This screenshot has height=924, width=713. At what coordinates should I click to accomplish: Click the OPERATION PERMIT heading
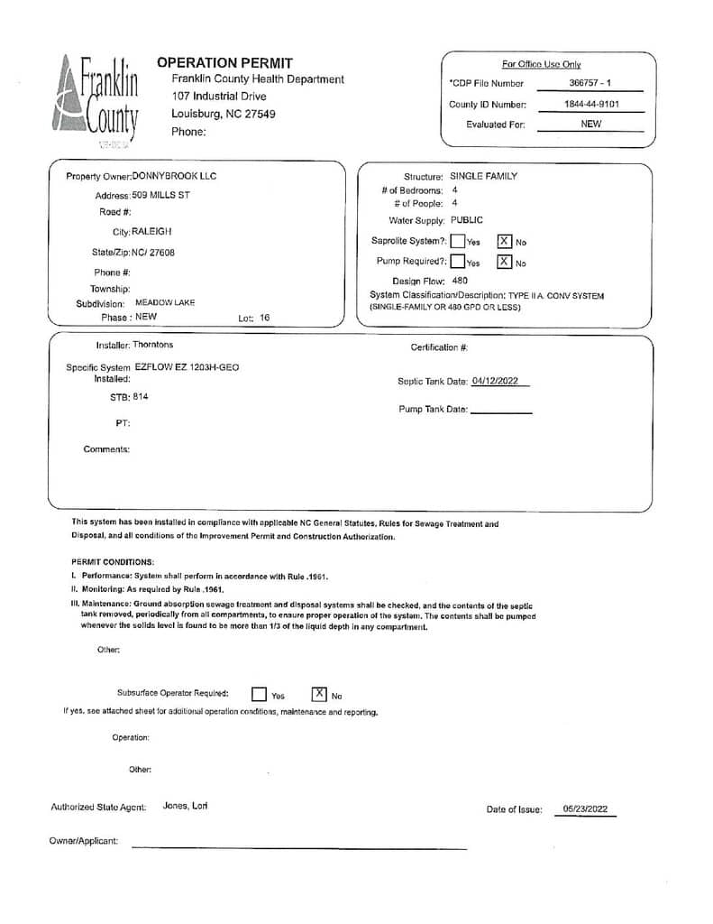224,63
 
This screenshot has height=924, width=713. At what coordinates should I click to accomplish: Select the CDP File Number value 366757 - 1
590,83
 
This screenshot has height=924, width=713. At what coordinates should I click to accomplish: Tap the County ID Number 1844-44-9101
591,105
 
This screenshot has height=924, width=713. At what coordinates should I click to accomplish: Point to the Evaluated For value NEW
591,125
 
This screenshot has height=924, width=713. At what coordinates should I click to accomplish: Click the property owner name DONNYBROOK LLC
175,176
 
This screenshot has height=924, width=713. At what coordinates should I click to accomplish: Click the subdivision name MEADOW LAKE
165,303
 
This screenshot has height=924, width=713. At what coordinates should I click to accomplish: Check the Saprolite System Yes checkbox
458,241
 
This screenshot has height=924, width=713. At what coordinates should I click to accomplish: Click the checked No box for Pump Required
505,263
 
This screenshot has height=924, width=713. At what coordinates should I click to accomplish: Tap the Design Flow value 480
460,281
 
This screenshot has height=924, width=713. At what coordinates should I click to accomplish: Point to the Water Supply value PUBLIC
467,220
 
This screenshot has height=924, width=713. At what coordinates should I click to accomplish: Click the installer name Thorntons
153,345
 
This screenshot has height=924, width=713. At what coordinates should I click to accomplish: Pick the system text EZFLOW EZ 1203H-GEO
187,367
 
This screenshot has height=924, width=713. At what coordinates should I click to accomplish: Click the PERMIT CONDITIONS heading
113,561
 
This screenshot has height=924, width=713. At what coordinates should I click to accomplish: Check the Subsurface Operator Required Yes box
259,695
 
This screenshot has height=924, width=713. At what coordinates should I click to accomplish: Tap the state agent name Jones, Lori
186,806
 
